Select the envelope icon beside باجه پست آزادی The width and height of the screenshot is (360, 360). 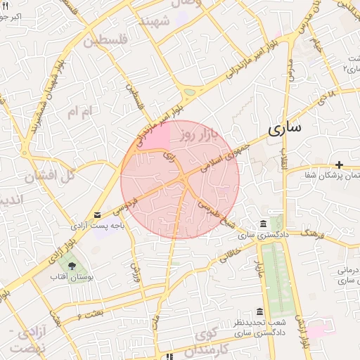point(97,215)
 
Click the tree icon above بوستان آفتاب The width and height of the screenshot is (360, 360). point(72,265)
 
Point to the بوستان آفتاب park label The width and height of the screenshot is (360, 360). point(72,277)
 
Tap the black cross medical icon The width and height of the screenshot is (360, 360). point(339,164)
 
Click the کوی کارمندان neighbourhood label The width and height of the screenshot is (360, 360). point(211,340)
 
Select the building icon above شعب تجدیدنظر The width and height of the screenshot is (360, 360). point(259,311)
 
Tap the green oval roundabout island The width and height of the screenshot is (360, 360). point(189,91)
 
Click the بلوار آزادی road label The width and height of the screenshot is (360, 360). point(41,268)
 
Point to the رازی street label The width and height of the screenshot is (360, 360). point(168,156)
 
